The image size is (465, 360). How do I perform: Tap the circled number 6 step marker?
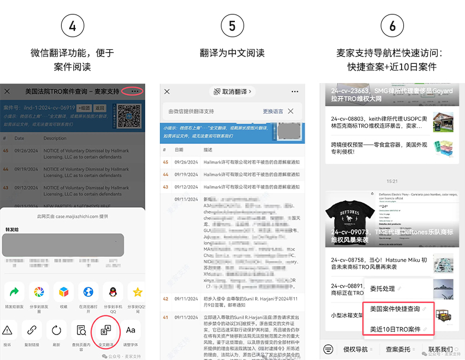392,26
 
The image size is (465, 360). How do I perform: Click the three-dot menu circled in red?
135,91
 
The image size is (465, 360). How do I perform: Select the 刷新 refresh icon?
56,330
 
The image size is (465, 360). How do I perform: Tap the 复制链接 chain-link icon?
32,330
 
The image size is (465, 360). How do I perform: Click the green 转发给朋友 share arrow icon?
15,291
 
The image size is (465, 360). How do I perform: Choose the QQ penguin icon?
112,291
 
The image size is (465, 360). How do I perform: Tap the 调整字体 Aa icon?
131,330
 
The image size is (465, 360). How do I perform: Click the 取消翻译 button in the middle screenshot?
232,92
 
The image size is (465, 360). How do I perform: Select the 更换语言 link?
273,111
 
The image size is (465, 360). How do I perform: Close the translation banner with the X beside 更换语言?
291,111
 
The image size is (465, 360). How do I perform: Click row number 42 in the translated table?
165,299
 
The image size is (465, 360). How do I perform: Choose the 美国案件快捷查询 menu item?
395,309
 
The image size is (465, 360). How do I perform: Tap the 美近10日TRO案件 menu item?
395,329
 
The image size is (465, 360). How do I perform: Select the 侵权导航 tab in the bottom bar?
355,349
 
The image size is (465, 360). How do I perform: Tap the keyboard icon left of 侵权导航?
328,349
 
